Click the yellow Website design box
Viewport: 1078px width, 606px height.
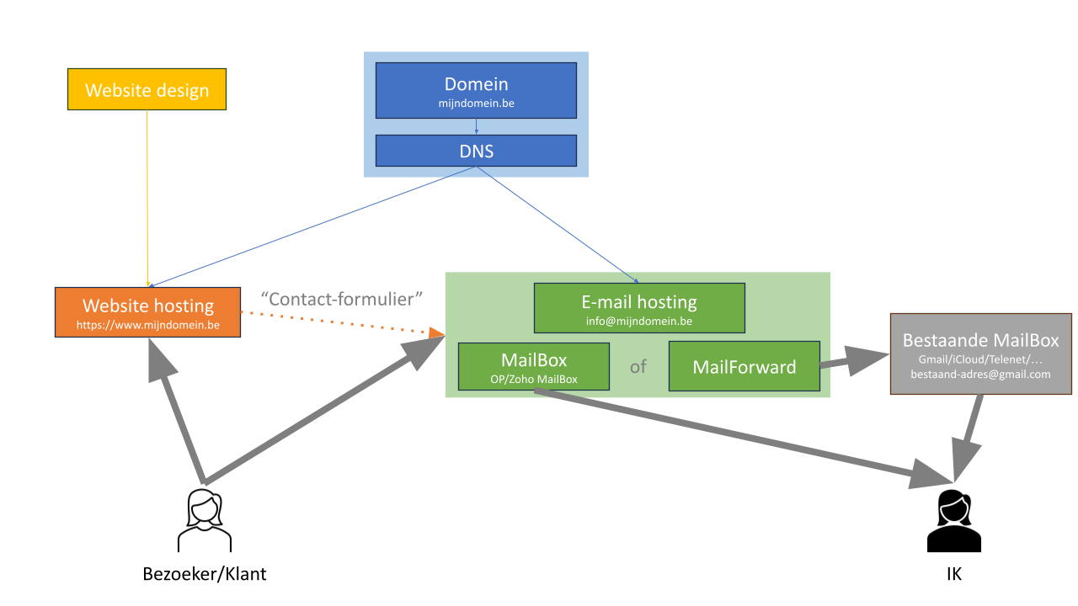(147, 89)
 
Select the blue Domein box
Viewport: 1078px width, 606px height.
(476, 90)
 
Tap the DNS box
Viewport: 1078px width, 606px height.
(476, 151)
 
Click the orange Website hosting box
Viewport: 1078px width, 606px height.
(147, 312)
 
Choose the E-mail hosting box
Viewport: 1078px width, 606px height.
(639, 308)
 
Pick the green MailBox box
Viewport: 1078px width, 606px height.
(534, 366)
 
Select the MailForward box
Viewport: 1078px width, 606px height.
(744, 366)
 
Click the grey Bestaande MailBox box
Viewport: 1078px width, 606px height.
(981, 354)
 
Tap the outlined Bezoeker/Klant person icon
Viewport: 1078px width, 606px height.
(205, 521)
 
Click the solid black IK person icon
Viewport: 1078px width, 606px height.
(954, 521)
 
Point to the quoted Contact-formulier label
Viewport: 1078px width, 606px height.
(341, 299)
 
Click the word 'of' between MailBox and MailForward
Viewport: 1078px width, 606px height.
(638, 367)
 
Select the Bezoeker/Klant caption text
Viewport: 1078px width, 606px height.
(205, 574)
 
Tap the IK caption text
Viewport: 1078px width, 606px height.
(954, 574)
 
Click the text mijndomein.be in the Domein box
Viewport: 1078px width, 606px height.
(476, 104)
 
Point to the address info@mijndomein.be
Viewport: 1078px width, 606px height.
(639, 322)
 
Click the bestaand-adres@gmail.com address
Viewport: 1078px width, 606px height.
(980, 375)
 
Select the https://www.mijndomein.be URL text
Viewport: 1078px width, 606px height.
(147, 325)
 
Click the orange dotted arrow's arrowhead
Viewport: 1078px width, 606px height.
(436, 332)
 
